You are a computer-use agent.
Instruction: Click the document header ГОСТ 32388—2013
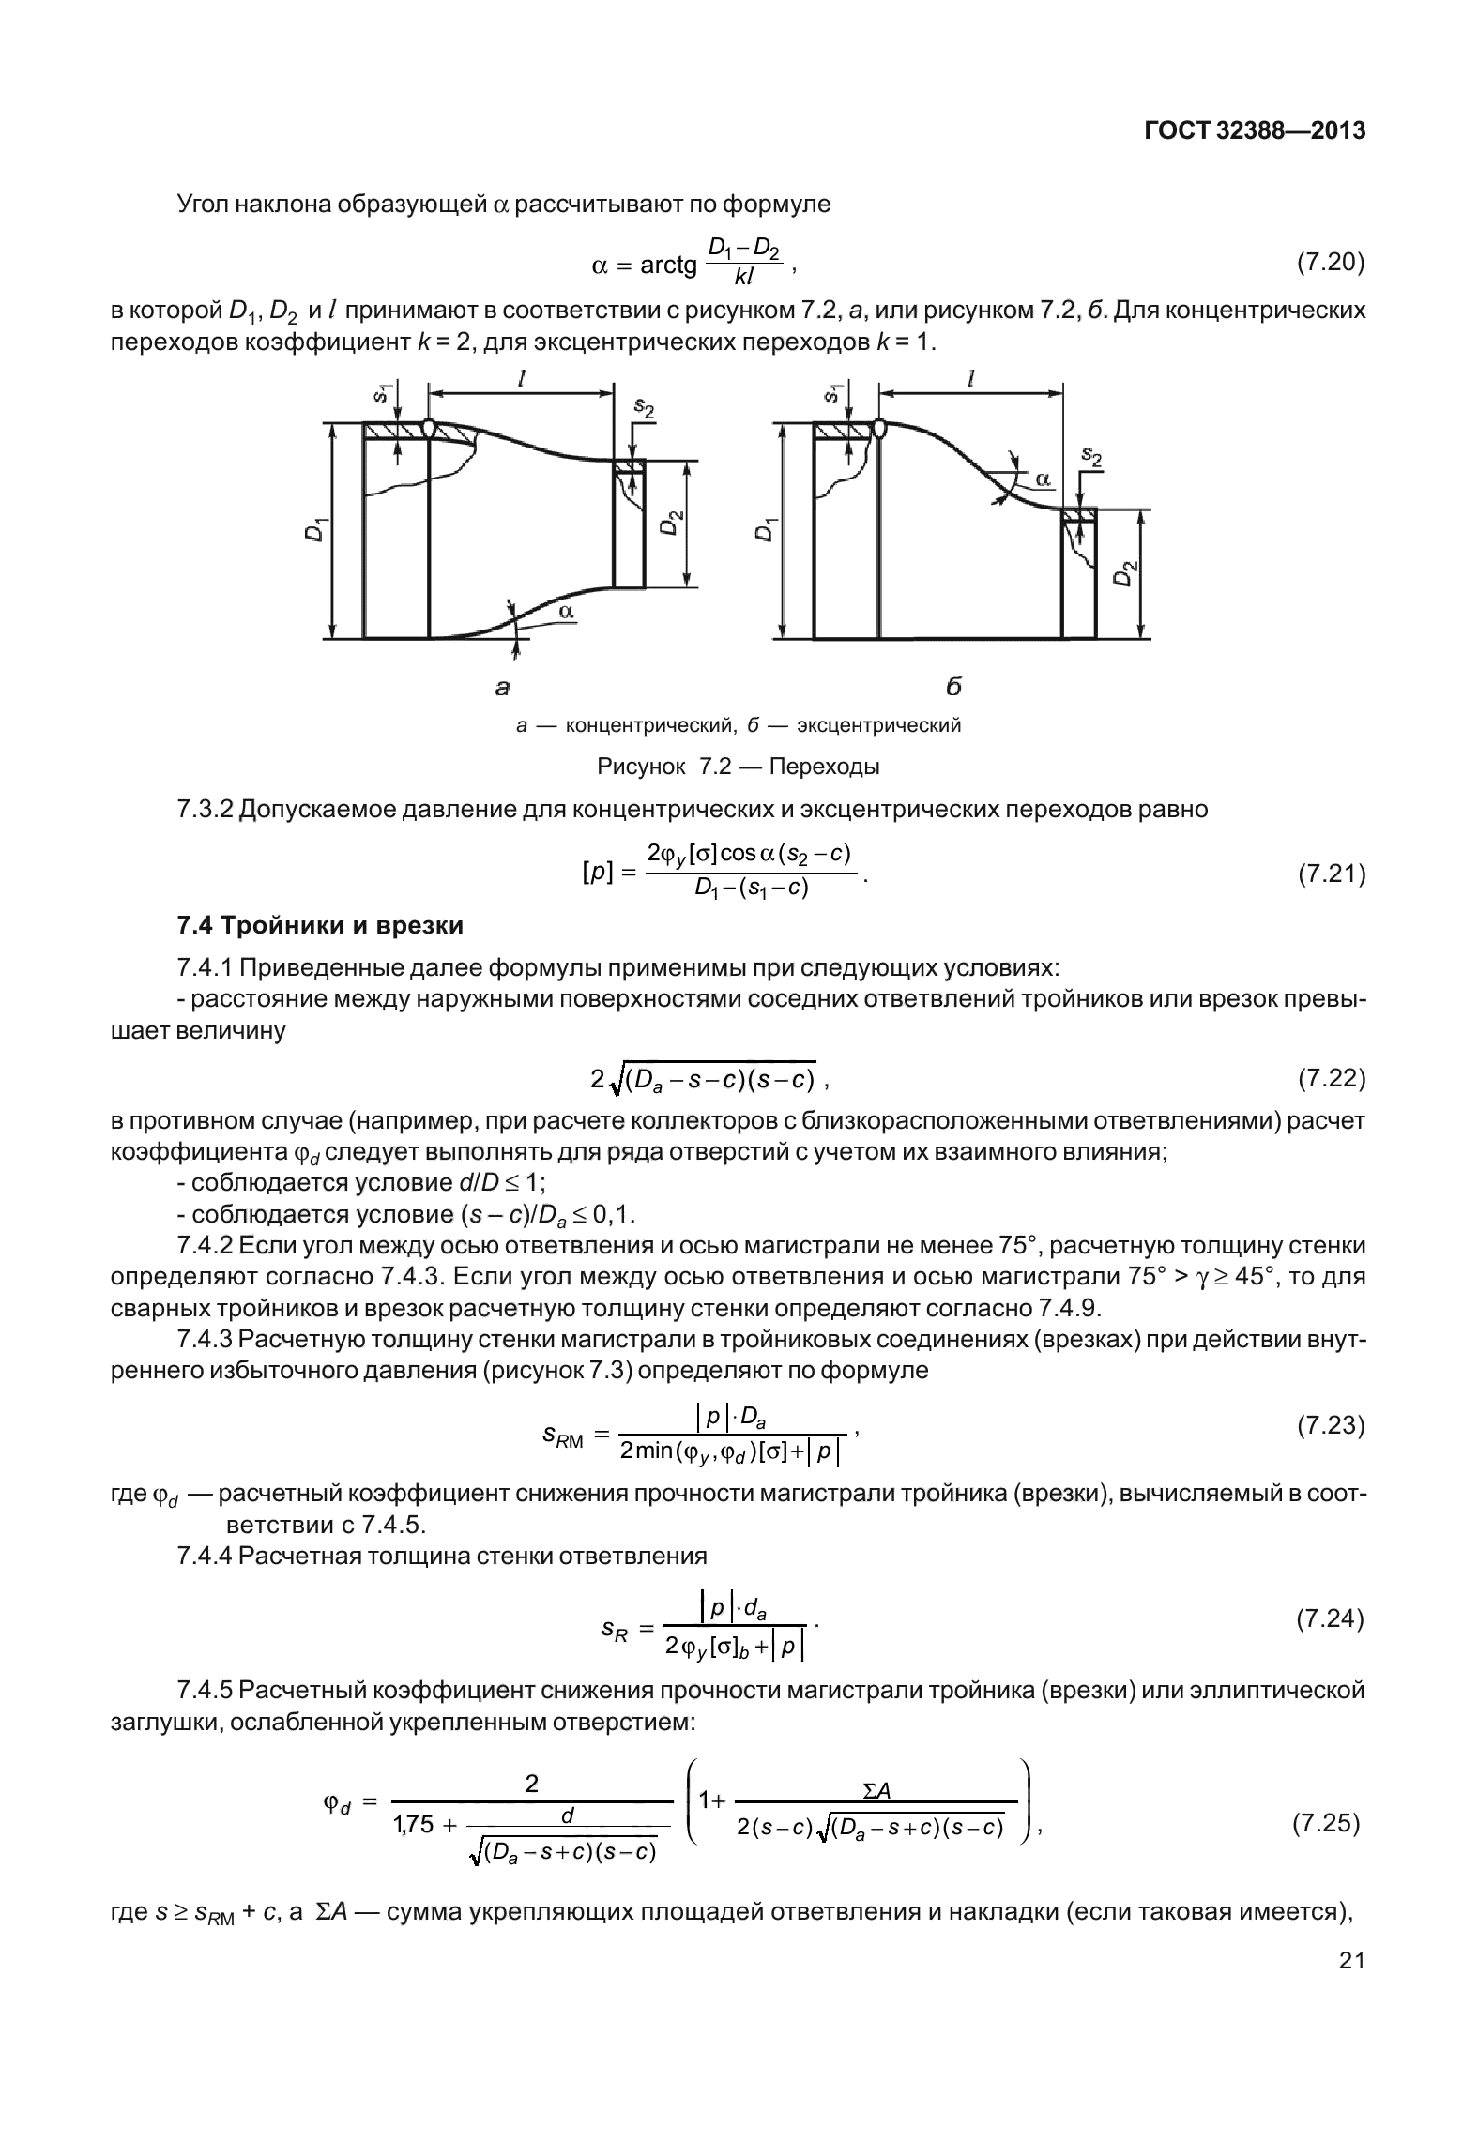coord(1254,130)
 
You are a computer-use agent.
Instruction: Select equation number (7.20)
coord(1330,263)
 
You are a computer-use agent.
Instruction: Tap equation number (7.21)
coord(1331,874)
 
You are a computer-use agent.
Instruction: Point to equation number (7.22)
coord(1331,1079)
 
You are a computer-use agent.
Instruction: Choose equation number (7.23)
coord(1330,1426)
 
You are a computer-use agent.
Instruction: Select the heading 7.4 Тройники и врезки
coord(320,925)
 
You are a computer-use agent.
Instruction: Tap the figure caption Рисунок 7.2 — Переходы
coord(739,767)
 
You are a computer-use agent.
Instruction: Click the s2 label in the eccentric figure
coord(1090,456)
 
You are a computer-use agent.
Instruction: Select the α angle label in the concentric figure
coord(566,611)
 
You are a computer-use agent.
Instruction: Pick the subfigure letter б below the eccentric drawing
coord(953,687)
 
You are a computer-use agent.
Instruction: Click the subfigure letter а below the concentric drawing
coord(503,688)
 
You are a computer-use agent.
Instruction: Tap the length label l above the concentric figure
coord(522,378)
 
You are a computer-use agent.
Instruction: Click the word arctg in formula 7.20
coord(668,266)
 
